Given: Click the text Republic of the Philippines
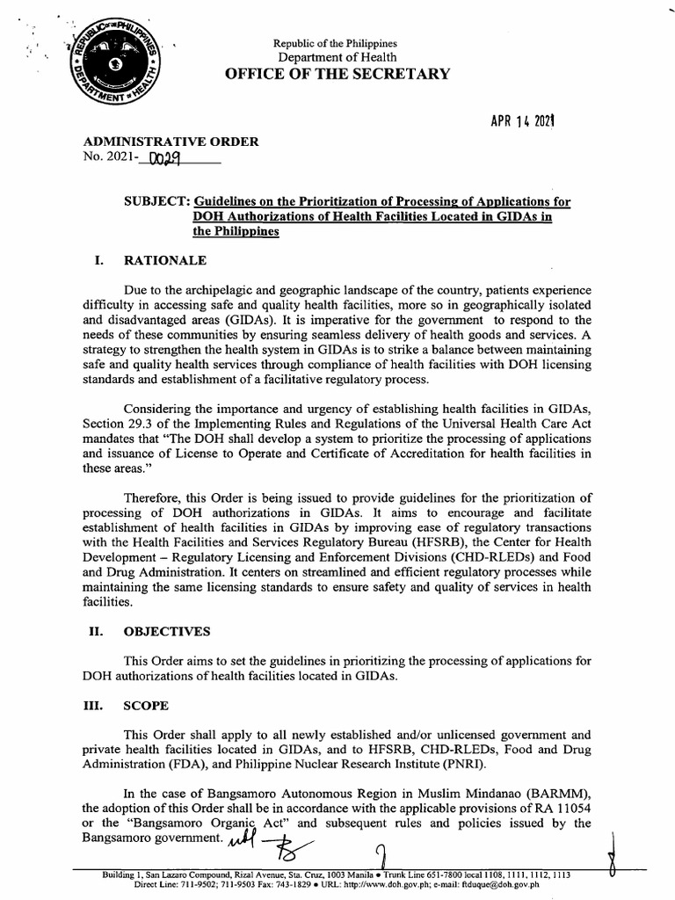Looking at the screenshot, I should pyautogui.click(x=335, y=43).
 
